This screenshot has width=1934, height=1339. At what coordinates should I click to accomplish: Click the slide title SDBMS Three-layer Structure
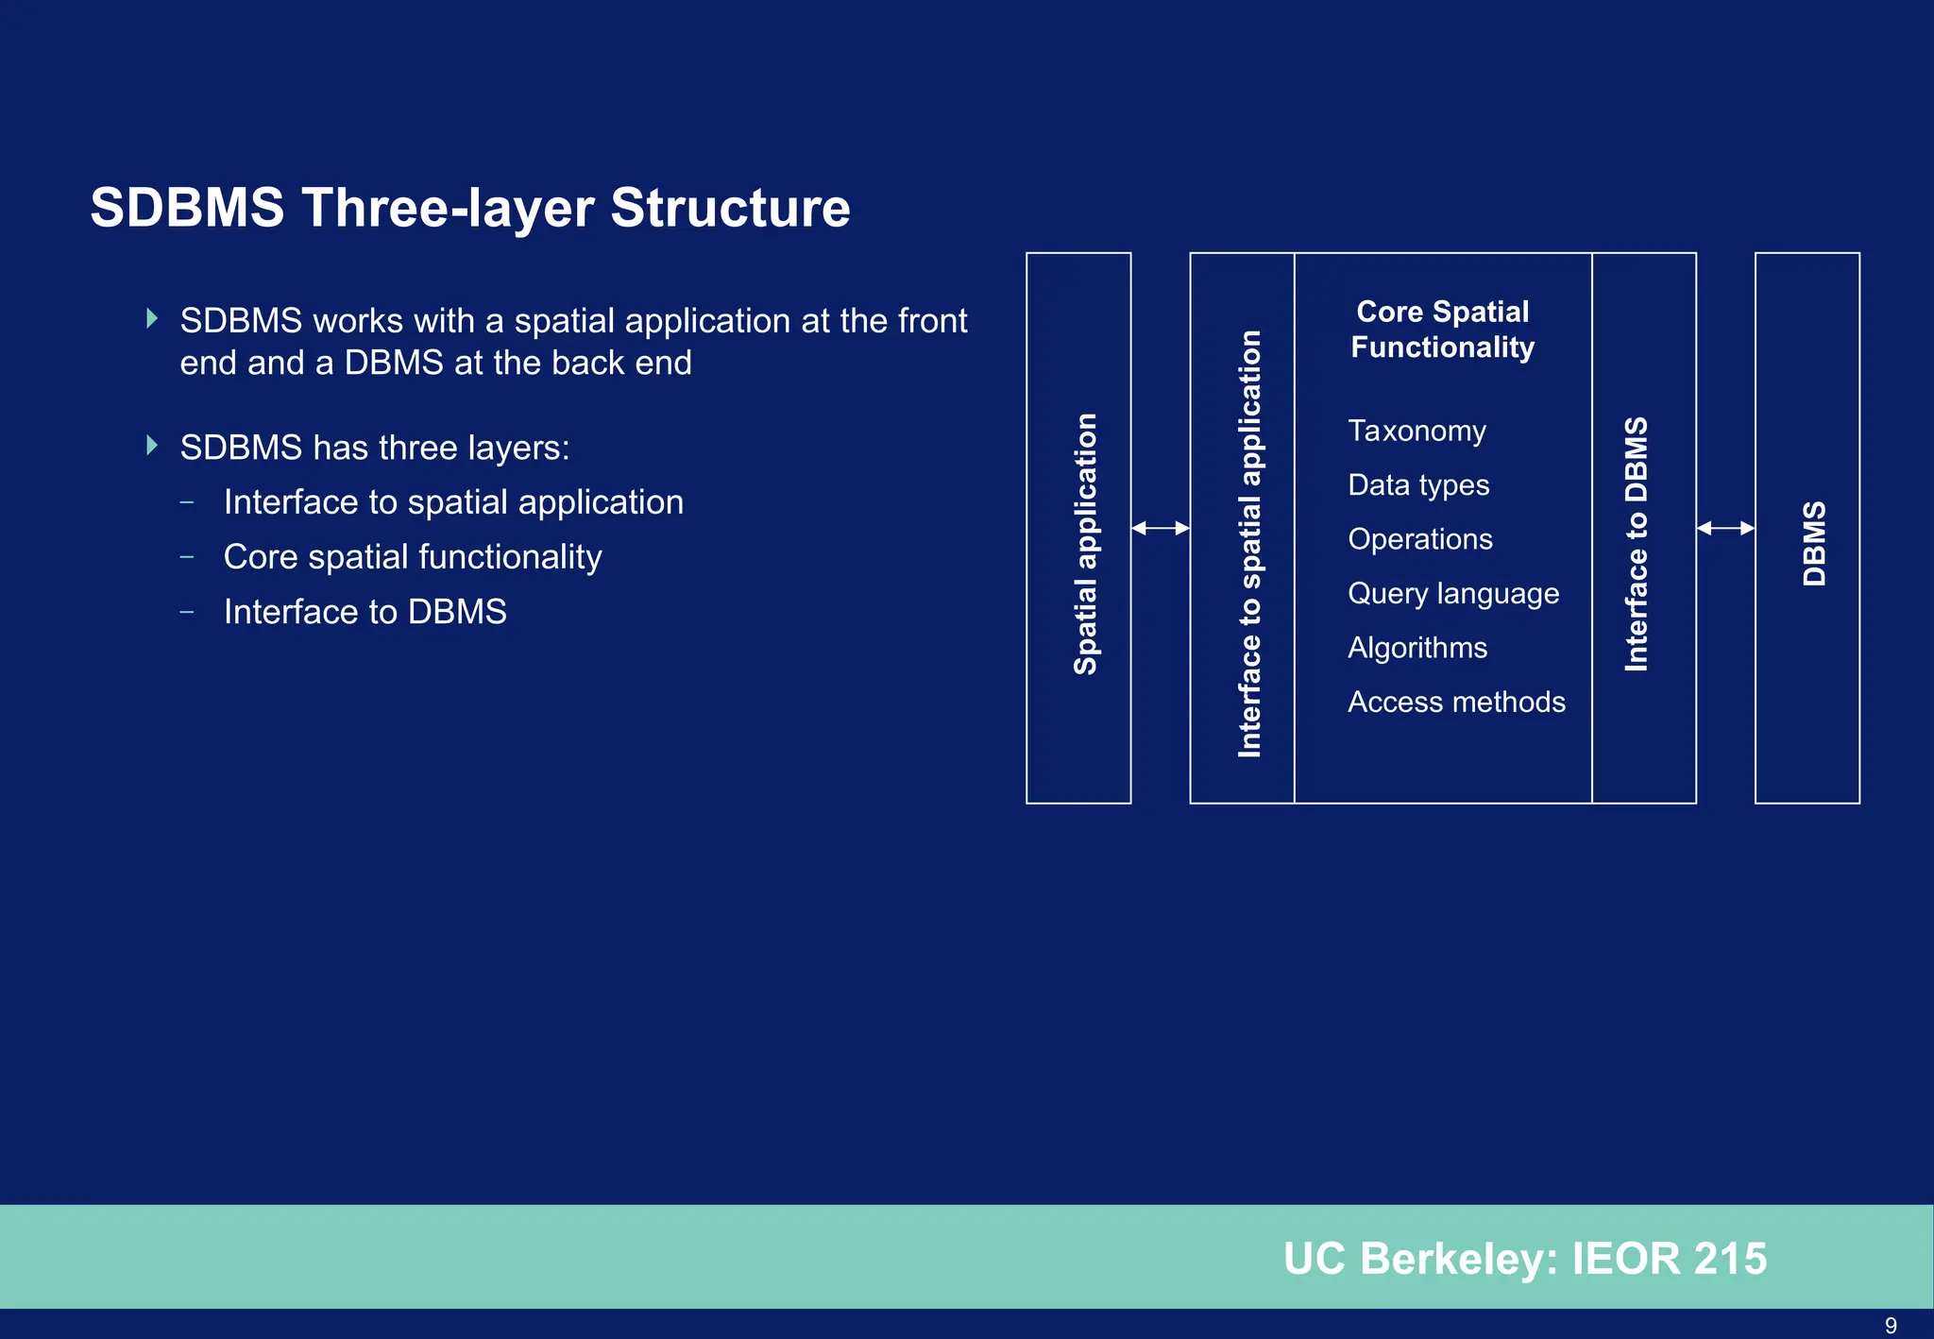tap(469, 208)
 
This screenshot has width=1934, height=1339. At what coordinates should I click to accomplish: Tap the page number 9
tap(1890, 1325)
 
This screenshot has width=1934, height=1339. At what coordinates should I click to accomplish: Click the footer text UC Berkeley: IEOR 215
tap(1524, 1259)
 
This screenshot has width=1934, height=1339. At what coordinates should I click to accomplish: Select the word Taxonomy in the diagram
tap(1417, 432)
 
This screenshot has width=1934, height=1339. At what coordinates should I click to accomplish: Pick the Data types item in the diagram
tap(1418, 485)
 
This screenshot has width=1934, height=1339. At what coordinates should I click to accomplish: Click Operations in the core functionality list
tap(1420, 539)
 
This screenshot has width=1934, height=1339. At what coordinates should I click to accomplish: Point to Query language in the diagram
tap(1453, 594)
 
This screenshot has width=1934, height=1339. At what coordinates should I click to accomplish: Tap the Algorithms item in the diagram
tap(1417, 648)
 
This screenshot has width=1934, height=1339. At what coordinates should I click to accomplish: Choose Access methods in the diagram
tap(1456, 702)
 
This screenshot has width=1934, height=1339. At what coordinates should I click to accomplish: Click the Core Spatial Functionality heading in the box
tap(1442, 330)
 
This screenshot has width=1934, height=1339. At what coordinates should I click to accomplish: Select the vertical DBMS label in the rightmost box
tap(1814, 543)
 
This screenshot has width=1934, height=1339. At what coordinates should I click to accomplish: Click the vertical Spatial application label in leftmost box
tap(1086, 543)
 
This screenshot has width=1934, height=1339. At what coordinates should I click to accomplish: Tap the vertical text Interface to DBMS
tap(1637, 543)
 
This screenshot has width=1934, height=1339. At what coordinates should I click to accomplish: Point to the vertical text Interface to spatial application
tap(1249, 543)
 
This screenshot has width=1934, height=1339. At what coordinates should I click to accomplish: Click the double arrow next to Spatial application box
tap(1160, 529)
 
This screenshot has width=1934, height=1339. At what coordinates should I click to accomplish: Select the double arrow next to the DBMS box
tap(1725, 529)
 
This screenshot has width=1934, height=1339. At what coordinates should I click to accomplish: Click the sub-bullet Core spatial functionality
tap(413, 557)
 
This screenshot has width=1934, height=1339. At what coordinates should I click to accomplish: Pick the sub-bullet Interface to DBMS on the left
tap(365, 612)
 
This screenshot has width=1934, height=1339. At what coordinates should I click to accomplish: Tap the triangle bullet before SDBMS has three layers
tap(152, 446)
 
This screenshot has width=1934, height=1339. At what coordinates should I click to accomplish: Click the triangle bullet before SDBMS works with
tap(152, 319)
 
